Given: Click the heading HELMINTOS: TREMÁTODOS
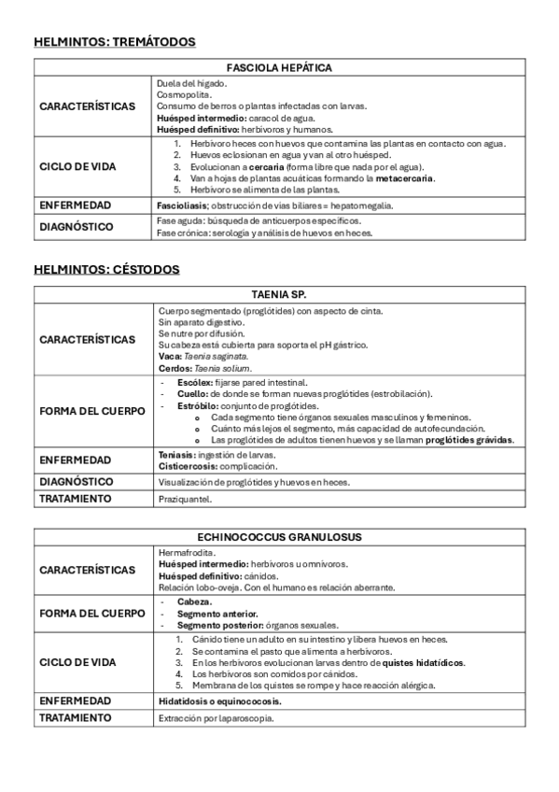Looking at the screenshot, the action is click(x=115, y=42).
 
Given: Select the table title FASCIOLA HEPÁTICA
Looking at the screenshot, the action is click(x=280, y=67).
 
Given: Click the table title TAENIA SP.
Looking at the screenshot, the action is click(x=280, y=294).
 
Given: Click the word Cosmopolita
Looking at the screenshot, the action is click(x=184, y=94).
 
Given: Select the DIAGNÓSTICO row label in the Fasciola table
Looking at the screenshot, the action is click(x=77, y=227).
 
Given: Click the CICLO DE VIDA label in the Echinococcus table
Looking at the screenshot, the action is click(x=80, y=662).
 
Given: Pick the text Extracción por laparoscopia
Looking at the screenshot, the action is click(x=217, y=718).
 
